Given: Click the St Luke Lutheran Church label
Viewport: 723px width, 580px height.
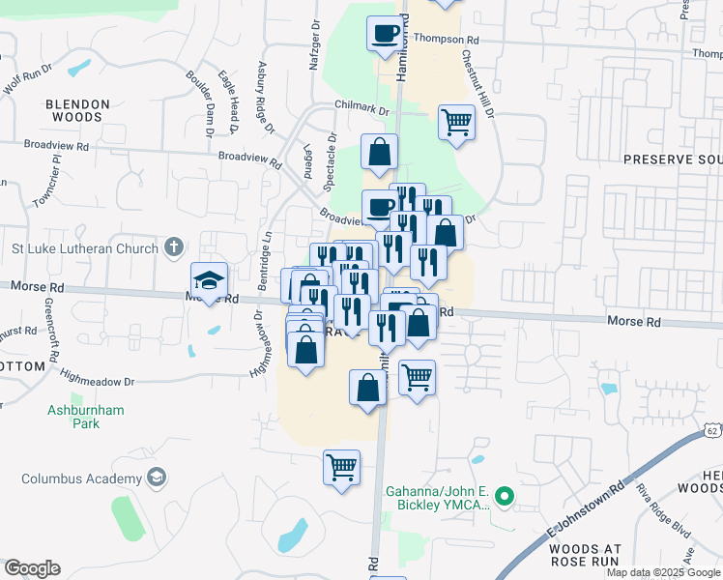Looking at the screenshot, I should click(x=84, y=248).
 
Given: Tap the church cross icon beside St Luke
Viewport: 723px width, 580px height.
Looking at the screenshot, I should click(x=173, y=247).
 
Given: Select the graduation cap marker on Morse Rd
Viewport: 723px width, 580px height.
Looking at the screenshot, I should click(x=209, y=280).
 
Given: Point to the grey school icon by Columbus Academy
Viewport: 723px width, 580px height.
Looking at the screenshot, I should click(x=155, y=478).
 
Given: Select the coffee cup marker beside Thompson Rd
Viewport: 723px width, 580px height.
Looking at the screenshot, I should click(x=385, y=34).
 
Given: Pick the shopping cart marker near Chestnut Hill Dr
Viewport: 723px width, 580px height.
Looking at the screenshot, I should click(x=456, y=123).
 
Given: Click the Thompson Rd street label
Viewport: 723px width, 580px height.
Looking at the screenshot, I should click(x=447, y=40).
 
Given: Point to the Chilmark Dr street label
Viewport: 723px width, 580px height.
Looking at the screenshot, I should click(x=361, y=110).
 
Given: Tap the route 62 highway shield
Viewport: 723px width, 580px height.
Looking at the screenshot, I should click(x=712, y=427).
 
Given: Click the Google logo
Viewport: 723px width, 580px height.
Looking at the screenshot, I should click(x=32, y=568).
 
